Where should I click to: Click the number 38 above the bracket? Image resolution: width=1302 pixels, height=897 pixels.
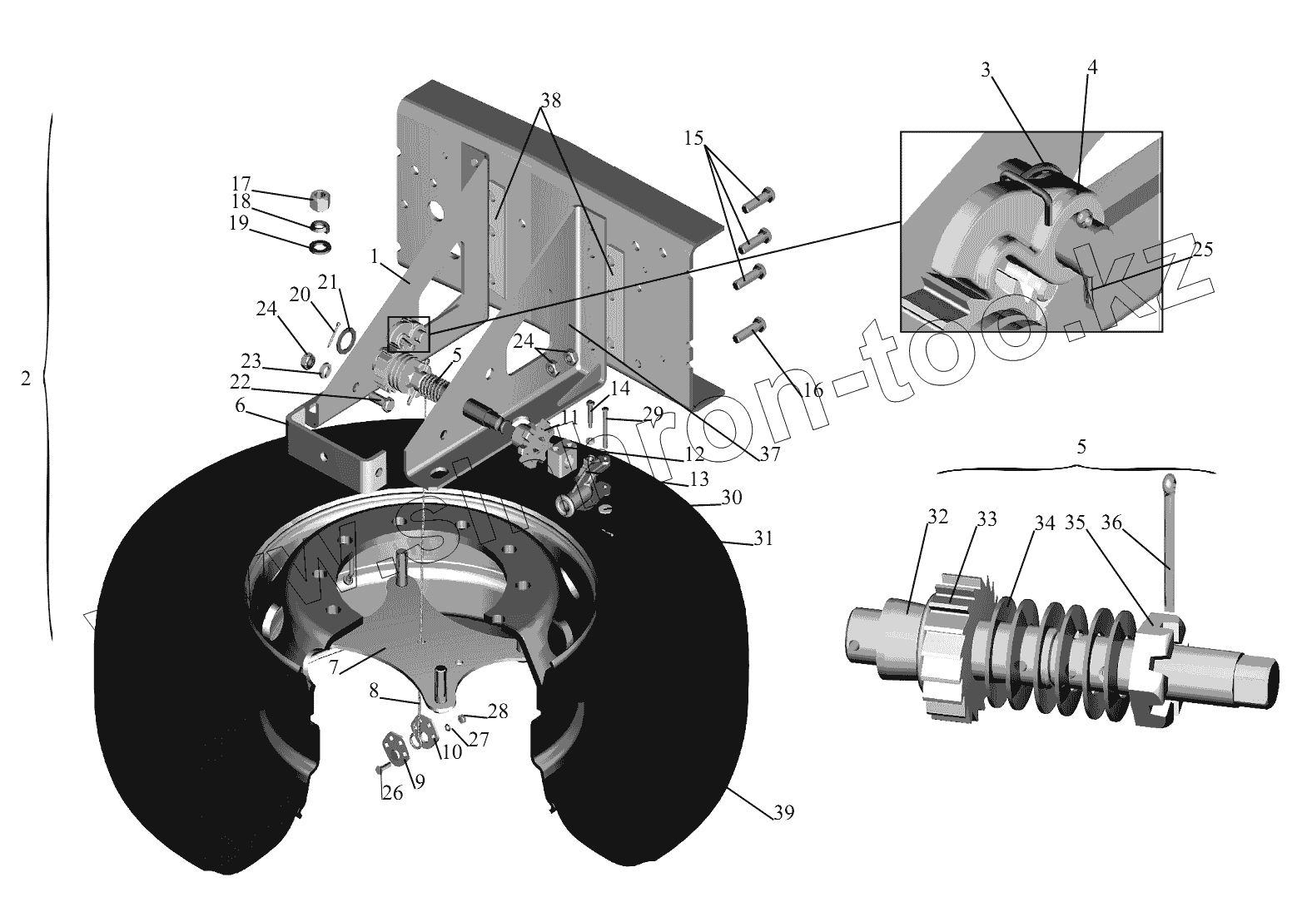point(550,101)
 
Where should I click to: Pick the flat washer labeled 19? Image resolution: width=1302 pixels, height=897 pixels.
point(320,247)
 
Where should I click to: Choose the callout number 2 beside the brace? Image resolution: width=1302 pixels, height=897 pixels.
point(25,378)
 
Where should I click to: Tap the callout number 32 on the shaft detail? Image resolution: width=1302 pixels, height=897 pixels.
point(937,516)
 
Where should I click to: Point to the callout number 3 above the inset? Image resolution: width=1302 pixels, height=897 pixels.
point(986,70)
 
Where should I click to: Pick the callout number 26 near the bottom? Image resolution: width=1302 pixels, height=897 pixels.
point(391,793)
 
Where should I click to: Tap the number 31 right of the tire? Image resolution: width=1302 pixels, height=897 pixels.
point(763,538)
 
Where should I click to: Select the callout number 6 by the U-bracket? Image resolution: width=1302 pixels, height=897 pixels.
point(241,405)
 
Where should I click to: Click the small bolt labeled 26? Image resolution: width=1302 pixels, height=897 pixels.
point(380,766)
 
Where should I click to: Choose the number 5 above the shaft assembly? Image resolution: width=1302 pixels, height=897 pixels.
point(1081,446)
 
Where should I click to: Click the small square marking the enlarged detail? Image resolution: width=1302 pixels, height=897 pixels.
point(409,334)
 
